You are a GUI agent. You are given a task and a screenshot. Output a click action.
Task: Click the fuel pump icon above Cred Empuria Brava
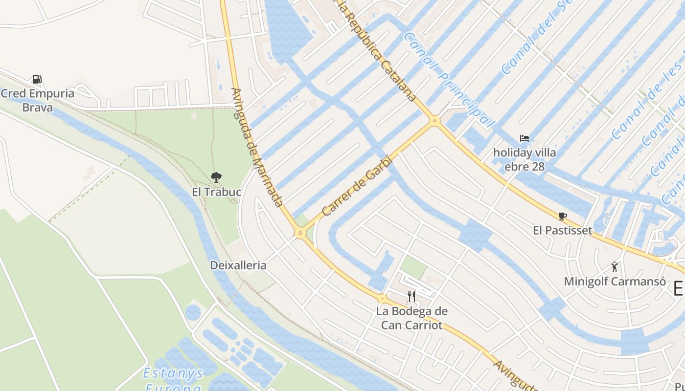37,79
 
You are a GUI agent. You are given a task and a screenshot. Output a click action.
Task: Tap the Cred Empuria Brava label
38,100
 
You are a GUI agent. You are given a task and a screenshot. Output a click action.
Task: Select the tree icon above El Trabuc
216,177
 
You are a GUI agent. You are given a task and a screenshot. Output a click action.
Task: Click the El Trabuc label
216,192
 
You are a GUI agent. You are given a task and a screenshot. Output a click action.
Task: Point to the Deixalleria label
238,265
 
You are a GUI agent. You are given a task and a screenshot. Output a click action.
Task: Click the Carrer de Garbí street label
358,186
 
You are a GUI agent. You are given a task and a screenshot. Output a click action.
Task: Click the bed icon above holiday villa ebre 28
525,138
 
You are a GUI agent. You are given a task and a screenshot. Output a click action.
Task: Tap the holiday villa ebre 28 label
525,159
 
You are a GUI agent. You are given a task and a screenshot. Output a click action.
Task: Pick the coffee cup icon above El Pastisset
563,216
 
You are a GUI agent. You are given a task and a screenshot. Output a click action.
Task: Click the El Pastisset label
563,230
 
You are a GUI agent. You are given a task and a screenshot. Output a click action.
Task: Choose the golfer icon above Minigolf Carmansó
615,267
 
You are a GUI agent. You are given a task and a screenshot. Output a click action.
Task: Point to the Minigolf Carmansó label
615,282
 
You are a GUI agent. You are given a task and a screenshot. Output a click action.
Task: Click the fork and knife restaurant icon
411,296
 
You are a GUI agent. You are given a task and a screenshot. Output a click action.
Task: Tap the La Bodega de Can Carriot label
411,318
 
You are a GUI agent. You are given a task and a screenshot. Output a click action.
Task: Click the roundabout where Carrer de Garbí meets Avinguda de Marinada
300,234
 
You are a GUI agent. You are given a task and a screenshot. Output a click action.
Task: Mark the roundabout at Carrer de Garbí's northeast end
434,120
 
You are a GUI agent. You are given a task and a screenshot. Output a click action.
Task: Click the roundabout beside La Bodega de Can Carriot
383,298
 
